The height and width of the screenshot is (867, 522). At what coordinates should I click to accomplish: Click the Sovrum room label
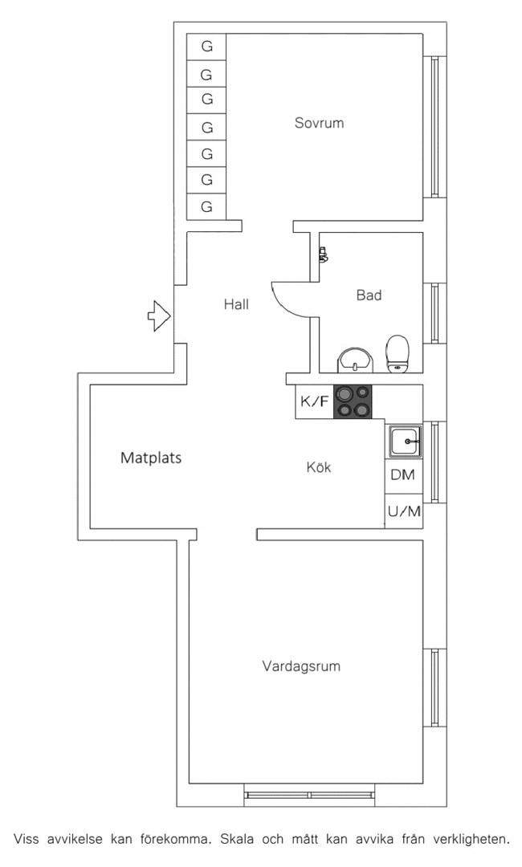point(319,123)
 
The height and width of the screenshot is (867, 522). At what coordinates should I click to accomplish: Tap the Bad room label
point(369,295)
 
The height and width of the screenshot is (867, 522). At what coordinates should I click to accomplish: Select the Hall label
point(236,304)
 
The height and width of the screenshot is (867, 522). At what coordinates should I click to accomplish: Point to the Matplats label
point(151,458)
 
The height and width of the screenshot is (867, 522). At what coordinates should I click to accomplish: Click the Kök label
point(319,467)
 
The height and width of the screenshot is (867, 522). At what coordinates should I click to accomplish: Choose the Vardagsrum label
point(301,666)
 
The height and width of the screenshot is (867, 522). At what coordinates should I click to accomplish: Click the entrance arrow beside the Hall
point(159,316)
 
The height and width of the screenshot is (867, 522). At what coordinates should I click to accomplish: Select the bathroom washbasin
point(356,360)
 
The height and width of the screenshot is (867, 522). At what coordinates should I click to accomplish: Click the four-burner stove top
point(353,401)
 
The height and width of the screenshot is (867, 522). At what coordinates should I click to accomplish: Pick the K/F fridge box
point(314,401)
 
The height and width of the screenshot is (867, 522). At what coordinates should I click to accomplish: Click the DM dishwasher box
point(404,475)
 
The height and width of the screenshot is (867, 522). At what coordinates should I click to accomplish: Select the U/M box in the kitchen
point(404,511)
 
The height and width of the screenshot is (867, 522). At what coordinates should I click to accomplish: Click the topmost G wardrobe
point(206,47)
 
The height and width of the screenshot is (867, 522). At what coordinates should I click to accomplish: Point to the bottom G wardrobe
point(206,207)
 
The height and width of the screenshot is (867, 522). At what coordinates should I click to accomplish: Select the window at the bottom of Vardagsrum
point(310,795)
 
